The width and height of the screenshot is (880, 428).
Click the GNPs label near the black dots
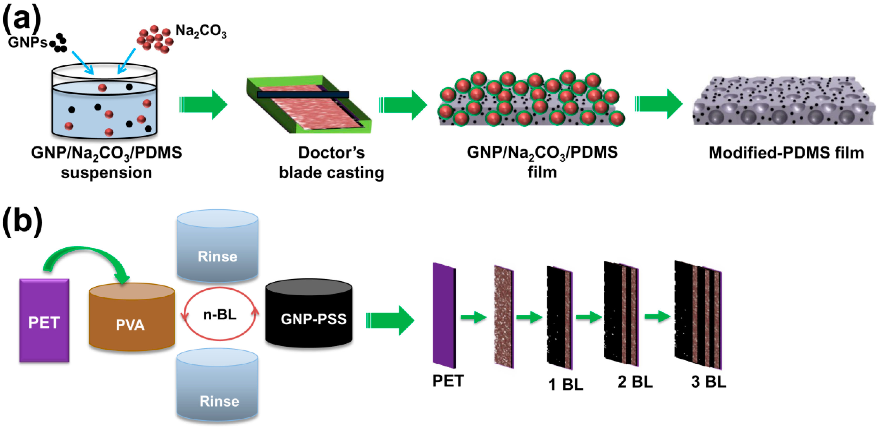(x=27, y=43)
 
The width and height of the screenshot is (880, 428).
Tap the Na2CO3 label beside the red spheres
(x=200, y=32)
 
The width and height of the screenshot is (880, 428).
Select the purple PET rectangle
(x=44, y=321)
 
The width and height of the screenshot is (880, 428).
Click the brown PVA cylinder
(x=131, y=318)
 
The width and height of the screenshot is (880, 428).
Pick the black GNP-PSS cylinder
(x=309, y=315)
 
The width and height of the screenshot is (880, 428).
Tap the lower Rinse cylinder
(x=217, y=387)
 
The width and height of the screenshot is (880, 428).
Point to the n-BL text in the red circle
(x=220, y=314)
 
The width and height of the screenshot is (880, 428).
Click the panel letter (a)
(x=21, y=19)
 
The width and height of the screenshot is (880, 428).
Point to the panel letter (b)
(x=22, y=222)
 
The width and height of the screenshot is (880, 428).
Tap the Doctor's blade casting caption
(x=331, y=162)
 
